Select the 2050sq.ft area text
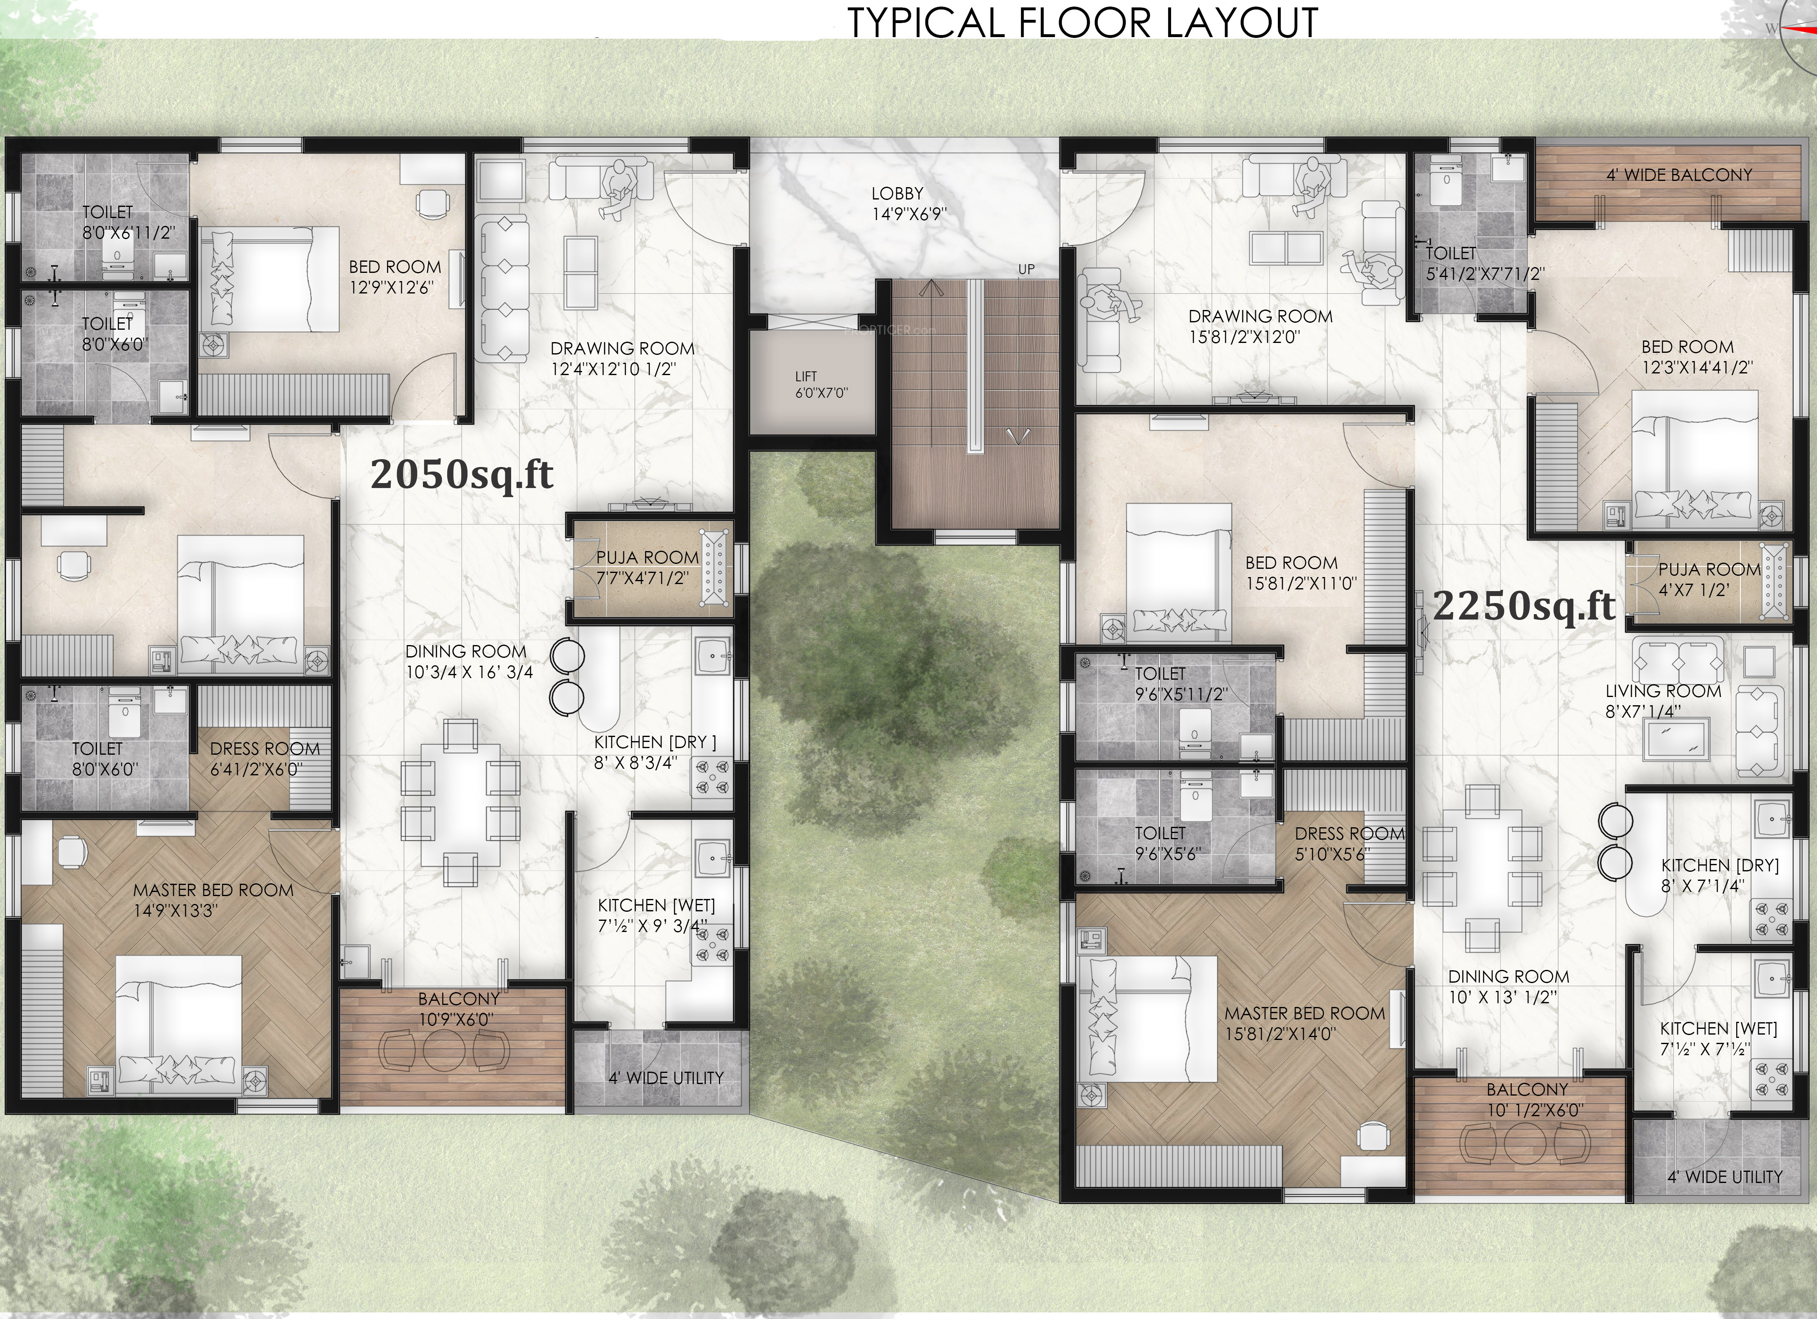click(461, 474)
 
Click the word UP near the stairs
click(1026, 269)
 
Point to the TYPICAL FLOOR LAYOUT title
click(1082, 22)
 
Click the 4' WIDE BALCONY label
click(1679, 175)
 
